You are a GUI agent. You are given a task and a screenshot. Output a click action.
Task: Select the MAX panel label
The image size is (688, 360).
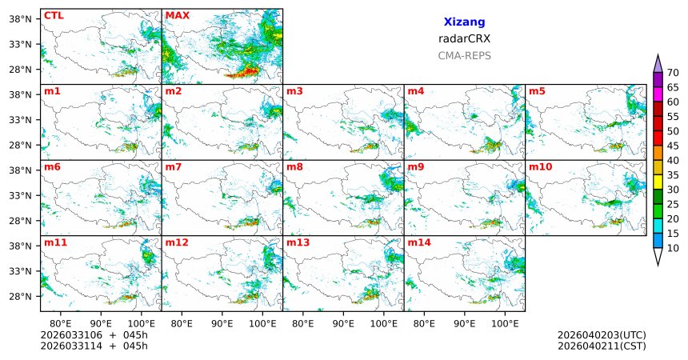click(176, 15)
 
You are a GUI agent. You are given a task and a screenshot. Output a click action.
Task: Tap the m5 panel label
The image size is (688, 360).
click(536, 91)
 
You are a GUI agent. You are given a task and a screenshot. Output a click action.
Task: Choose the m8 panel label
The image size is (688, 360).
click(294, 166)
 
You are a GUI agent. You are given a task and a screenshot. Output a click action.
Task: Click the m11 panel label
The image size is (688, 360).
click(55, 242)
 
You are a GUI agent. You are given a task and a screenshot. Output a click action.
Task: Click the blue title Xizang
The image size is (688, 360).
click(464, 22)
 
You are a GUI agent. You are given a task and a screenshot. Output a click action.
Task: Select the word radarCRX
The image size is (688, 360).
click(464, 38)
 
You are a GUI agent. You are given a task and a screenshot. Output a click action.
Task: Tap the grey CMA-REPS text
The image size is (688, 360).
click(464, 56)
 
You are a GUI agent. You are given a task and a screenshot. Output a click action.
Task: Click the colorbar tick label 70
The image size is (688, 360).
click(674, 73)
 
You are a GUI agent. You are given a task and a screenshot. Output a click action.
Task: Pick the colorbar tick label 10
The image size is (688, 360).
click(674, 249)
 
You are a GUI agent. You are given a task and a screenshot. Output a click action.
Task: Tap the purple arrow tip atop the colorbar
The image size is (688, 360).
click(658, 63)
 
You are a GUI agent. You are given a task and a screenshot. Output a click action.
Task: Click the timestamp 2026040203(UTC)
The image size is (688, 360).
click(602, 334)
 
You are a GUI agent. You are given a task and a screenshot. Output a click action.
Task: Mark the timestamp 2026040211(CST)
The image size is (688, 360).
click(602, 346)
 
